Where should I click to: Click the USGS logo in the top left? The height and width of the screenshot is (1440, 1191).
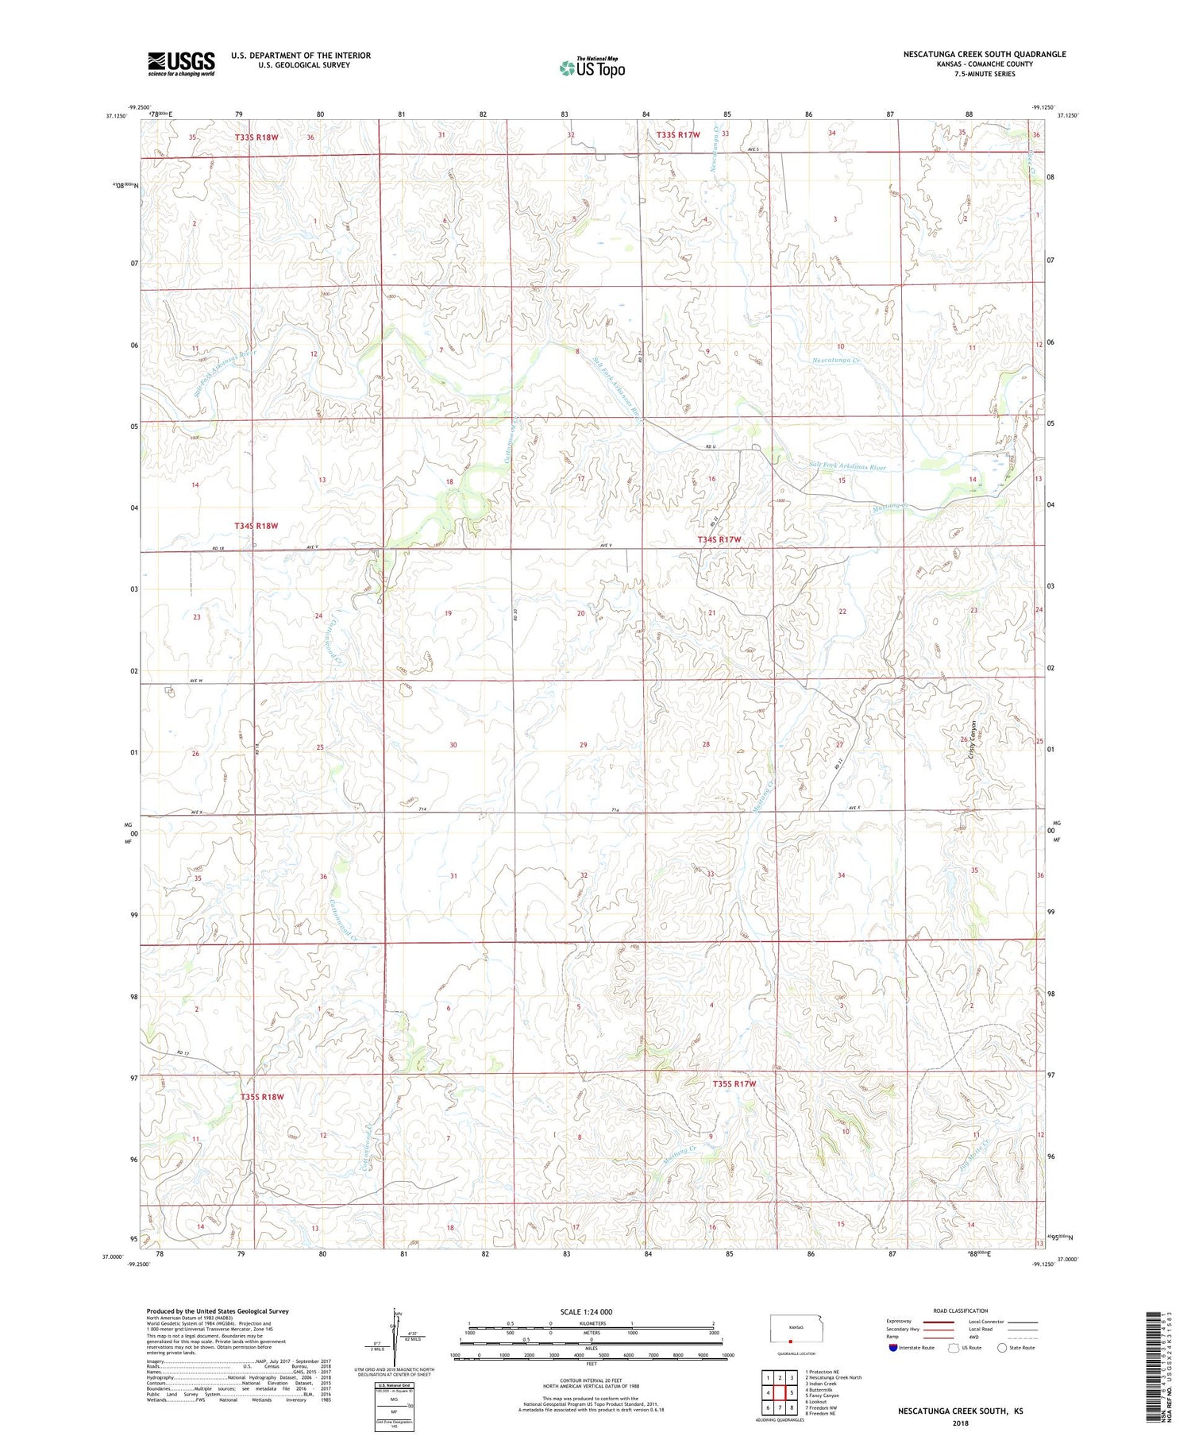click(x=181, y=63)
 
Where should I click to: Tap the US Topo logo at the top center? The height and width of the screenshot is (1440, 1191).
click(x=592, y=68)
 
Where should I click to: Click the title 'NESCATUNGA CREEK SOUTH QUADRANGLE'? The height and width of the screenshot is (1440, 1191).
click(x=984, y=54)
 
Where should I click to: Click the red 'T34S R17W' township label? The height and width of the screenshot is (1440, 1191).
click(x=719, y=540)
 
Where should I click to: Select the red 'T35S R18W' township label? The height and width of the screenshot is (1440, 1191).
click(x=261, y=1097)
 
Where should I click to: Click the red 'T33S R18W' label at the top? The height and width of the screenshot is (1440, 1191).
click(x=256, y=137)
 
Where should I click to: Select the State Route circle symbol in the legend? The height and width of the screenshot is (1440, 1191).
click(x=1002, y=1348)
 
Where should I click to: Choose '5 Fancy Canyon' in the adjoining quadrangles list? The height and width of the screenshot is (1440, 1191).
click(x=822, y=1396)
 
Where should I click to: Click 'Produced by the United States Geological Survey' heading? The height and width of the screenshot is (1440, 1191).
click(x=217, y=1311)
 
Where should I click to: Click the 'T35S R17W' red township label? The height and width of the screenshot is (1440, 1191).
click(x=734, y=1083)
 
